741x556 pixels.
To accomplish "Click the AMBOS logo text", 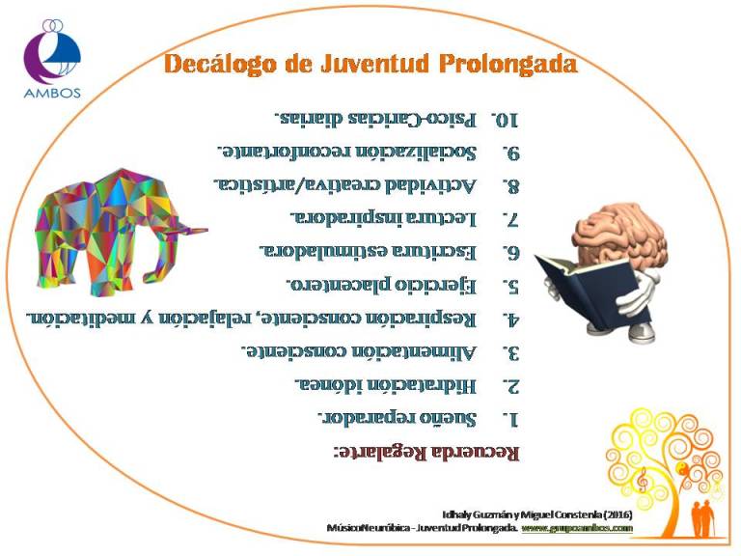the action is coord(52,93).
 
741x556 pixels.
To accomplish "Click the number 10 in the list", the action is coord(505,120).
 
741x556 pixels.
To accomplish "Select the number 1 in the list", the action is coord(510,419).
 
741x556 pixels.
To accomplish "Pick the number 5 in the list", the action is coord(510,287).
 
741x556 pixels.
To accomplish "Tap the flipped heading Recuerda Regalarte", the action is coord(426,452).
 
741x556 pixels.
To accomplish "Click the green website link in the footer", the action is coord(577,528).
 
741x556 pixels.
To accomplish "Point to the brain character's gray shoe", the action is coord(642,332).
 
